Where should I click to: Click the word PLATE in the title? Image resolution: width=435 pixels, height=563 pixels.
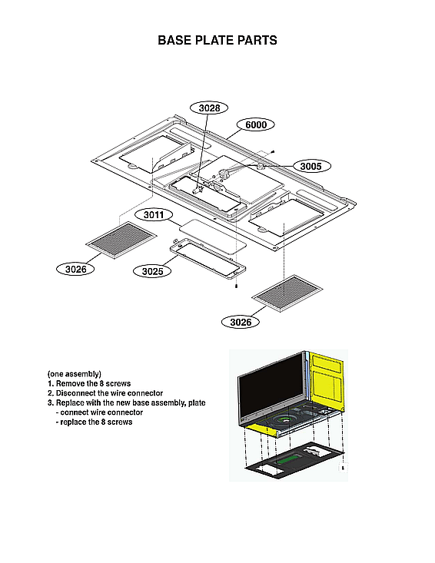click(209, 40)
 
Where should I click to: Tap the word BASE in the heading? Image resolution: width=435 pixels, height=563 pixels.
click(172, 40)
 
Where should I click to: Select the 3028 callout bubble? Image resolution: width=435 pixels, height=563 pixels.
click(209, 108)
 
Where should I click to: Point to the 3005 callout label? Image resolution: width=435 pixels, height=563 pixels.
click(310, 166)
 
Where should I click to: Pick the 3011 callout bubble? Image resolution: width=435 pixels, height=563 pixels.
click(153, 216)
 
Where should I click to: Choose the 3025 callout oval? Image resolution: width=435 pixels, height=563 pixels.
click(151, 271)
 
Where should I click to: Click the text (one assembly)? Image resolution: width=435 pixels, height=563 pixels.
click(74, 373)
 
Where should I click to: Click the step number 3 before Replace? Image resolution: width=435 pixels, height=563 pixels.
click(50, 403)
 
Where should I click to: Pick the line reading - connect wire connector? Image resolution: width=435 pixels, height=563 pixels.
click(99, 412)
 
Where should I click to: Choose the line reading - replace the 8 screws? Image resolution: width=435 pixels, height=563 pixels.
click(94, 422)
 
